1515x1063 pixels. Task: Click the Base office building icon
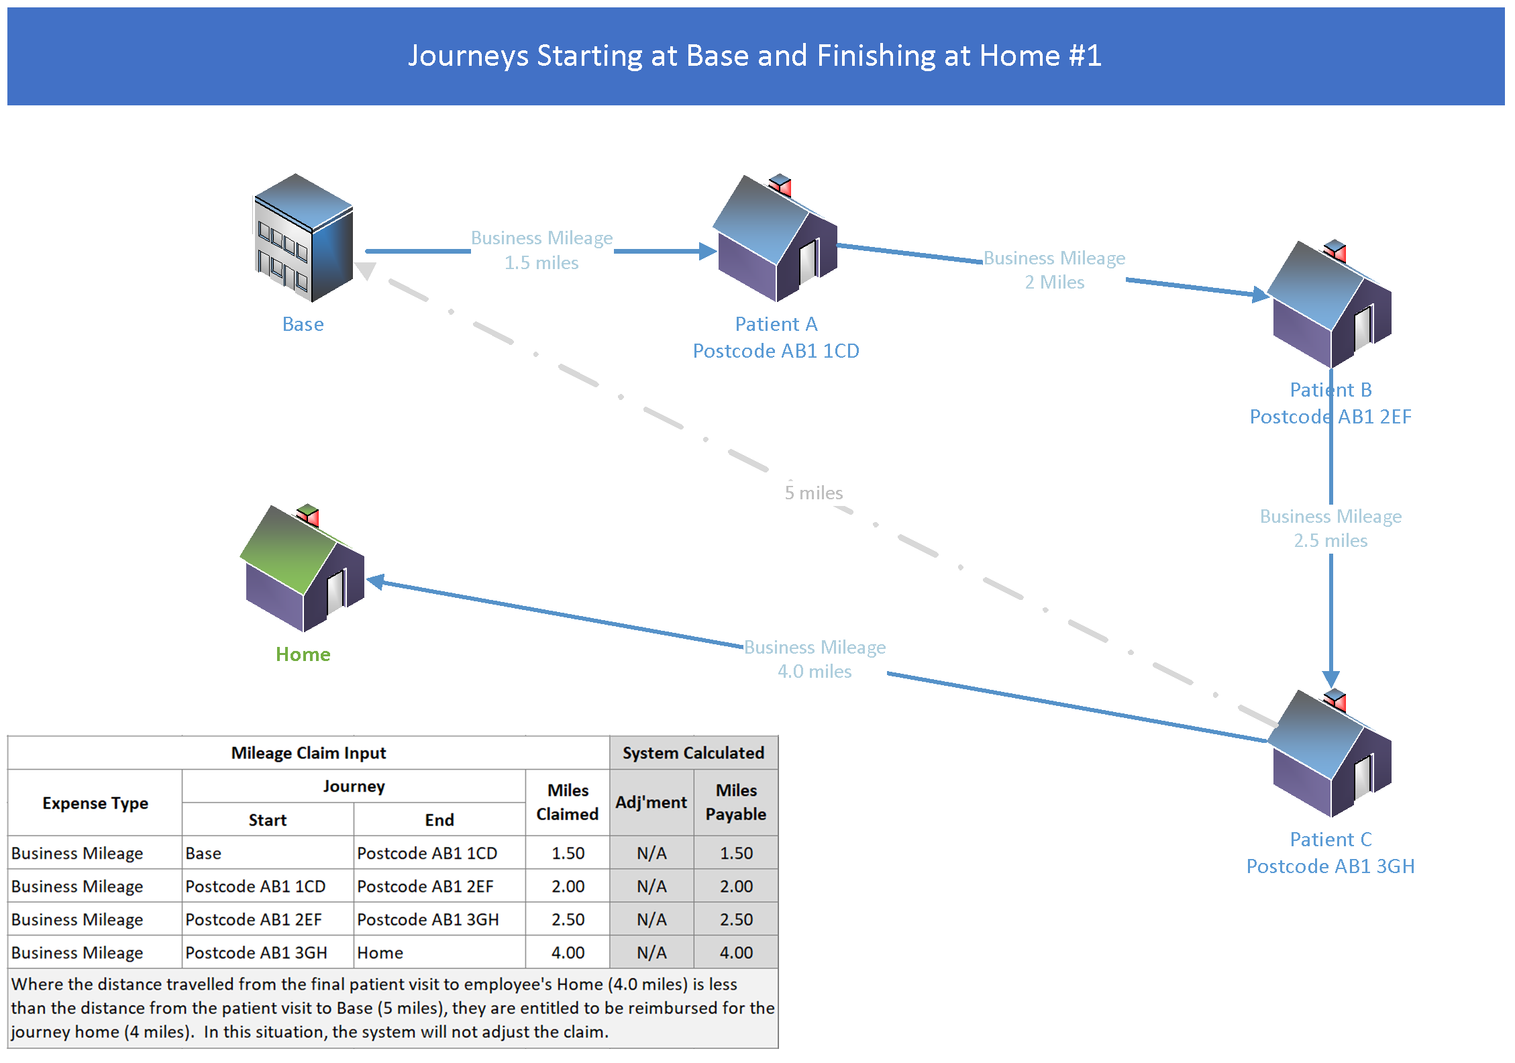point(304,238)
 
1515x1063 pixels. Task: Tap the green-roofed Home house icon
point(303,569)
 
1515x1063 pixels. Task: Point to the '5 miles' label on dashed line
point(814,493)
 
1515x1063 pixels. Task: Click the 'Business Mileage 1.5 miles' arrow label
point(541,250)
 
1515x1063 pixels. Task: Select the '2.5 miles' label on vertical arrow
point(1330,541)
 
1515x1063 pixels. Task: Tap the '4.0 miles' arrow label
point(815,672)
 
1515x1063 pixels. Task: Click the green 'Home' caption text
point(303,655)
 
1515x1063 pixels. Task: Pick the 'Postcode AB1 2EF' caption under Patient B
point(1330,417)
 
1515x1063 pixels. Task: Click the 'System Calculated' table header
point(693,753)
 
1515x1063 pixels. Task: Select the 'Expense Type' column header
point(95,803)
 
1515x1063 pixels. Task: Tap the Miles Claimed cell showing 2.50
point(568,919)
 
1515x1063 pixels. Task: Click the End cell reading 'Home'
point(380,953)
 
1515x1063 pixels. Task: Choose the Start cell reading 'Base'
point(203,854)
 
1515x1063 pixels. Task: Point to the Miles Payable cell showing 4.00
point(736,953)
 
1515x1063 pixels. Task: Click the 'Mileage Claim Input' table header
point(309,753)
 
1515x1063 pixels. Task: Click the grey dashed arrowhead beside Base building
point(366,270)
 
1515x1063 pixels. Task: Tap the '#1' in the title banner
point(1085,56)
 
